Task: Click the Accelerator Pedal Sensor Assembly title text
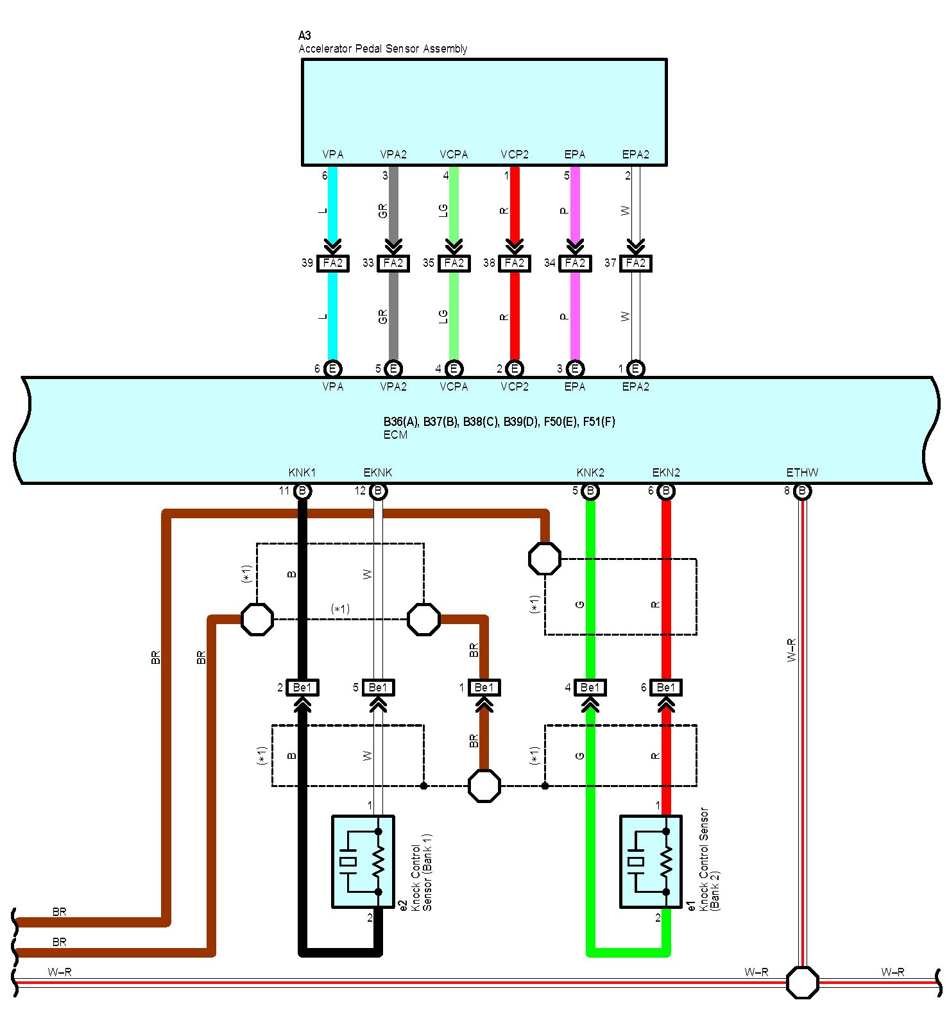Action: coord(382,49)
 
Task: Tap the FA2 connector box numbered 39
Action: coord(333,263)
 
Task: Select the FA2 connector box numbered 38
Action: coord(515,263)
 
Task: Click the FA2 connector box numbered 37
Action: coord(636,263)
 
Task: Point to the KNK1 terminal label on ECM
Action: coord(302,473)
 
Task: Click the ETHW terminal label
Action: coord(802,473)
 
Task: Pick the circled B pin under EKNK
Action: coord(379,492)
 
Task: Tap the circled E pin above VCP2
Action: coord(515,369)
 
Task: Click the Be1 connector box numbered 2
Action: coord(302,688)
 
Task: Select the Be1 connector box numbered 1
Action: coord(484,688)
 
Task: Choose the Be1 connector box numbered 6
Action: coord(666,688)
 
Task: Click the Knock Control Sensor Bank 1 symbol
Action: coord(363,861)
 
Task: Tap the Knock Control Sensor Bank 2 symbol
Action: coord(651,861)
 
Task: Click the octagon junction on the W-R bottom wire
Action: coord(803,982)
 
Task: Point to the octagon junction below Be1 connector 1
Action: coord(484,786)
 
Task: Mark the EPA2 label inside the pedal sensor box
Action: coord(636,155)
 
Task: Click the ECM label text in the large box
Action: coord(395,435)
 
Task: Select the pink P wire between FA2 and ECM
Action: coord(575,316)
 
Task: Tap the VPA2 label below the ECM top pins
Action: coord(393,387)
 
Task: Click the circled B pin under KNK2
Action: coord(590,492)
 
